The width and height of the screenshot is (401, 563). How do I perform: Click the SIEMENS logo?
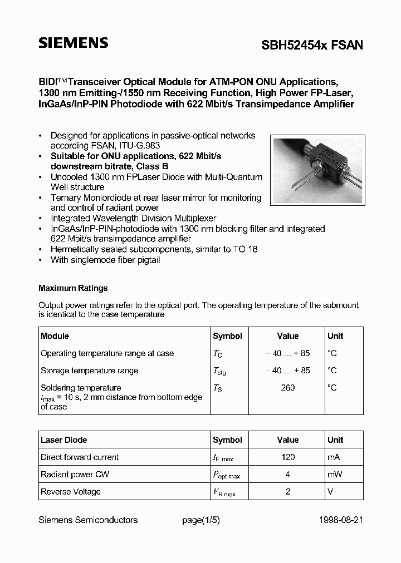pos(73,43)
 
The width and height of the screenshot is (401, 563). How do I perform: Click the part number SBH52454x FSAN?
pos(312,46)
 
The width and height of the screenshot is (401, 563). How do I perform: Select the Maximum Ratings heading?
pos(73,288)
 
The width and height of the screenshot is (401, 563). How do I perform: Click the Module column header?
pos(55,336)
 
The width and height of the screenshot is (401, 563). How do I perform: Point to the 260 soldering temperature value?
pos(287,388)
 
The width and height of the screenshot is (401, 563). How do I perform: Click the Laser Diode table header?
pos(64,440)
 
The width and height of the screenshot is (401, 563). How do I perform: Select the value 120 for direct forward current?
pos(287,457)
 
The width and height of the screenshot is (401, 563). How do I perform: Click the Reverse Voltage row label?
pos(71,492)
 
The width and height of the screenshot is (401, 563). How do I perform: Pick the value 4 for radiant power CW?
pos(287,475)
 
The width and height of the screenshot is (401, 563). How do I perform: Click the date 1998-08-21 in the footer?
pos(341,520)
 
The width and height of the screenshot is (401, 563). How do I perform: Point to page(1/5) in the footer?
pos(202,520)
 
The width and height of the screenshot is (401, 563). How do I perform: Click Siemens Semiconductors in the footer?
pos(88,520)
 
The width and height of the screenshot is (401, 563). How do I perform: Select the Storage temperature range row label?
pos(89,371)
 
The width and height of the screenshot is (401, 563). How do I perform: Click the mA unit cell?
pos(334,457)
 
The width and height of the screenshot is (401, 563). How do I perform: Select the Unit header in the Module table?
pos(335,336)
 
